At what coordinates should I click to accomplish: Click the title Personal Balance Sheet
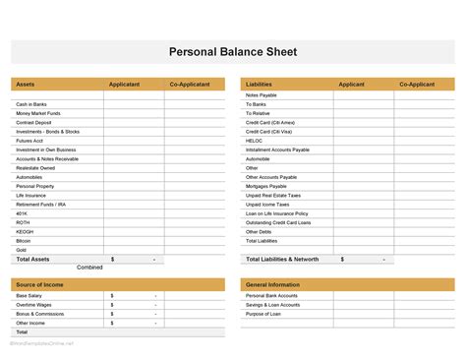pyautogui.click(x=233, y=51)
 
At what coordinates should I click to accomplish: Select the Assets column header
pyautogui.click(x=26, y=85)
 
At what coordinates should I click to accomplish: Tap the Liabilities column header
pyautogui.click(x=260, y=85)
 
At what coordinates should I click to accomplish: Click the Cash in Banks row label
pyautogui.click(x=31, y=103)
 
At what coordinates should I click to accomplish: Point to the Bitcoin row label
pyautogui.click(x=24, y=240)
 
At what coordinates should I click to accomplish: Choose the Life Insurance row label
pyautogui.click(x=31, y=195)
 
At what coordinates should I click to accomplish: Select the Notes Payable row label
pyautogui.click(x=261, y=94)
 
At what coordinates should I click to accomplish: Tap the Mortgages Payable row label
pyautogui.click(x=265, y=186)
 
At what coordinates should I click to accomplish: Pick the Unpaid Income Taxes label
pyautogui.click(x=268, y=204)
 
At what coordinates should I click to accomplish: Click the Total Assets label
pyautogui.click(x=33, y=259)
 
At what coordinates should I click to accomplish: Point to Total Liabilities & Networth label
pyautogui.click(x=282, y=259)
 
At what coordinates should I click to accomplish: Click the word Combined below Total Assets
pyautogui.click(x=89, y=268)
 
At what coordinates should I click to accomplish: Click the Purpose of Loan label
pyautogui.click(x=264, y=314)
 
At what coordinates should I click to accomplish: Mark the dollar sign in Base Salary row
pyautogui.click(x=112, y=295)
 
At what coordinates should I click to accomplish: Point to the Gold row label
pyautogui.click(x=22, y=250)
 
